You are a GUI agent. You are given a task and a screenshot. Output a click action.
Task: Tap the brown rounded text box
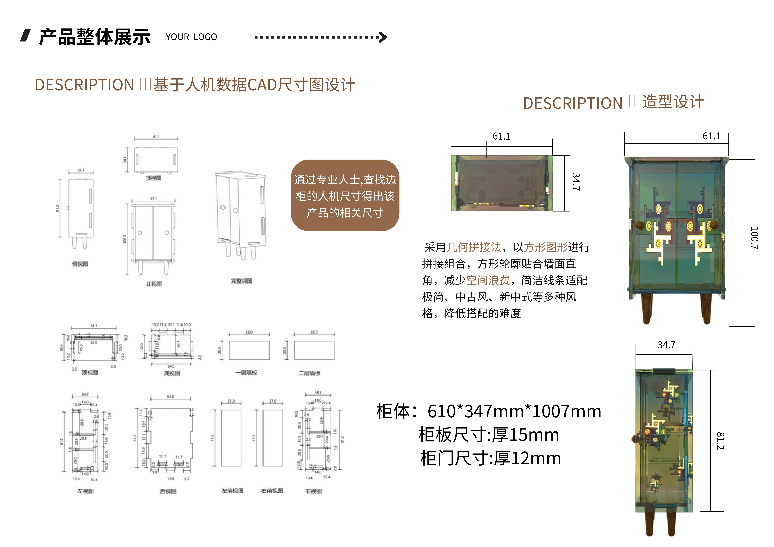pyautogui.click(x=345, y=196)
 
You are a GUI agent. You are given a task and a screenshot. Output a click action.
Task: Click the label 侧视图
pyautogui.click(x=80, y=264)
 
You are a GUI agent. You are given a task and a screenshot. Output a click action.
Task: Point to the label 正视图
pyautogui.click(x=154, y=284)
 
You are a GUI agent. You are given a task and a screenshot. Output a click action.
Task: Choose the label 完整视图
pyautogui.click(x=241, y=281)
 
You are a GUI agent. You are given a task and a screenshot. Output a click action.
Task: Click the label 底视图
pyautogui.click(x=172, y=373)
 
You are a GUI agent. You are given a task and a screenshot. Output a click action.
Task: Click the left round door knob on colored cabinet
pyautogui.click(x=639, y=225)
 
